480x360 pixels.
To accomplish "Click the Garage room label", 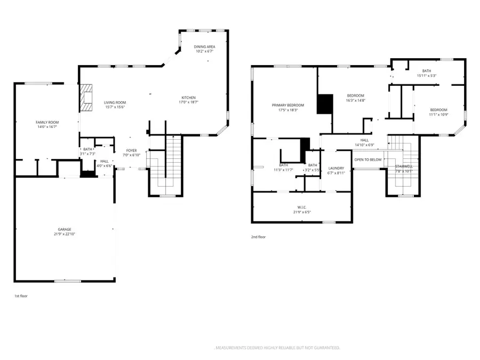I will (65, 229).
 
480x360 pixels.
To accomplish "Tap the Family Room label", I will (47, 122).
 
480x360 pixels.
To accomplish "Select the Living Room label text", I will (115, 102).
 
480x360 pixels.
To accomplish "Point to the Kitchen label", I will (188, 98).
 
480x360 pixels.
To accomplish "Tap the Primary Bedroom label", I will (287, 105).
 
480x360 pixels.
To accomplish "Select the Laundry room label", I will (337, 168).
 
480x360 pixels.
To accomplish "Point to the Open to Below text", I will (368, 159).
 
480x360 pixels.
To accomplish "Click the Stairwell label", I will (404, 166).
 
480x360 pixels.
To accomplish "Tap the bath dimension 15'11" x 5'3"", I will (427, 76).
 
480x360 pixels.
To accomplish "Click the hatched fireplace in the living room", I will (85, 98).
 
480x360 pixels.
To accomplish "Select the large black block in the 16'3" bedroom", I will (324, 104).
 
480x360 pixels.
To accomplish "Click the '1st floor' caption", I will (20, 295).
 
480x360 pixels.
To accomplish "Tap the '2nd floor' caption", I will (258, 237).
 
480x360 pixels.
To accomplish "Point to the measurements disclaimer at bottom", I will (277, 347).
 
